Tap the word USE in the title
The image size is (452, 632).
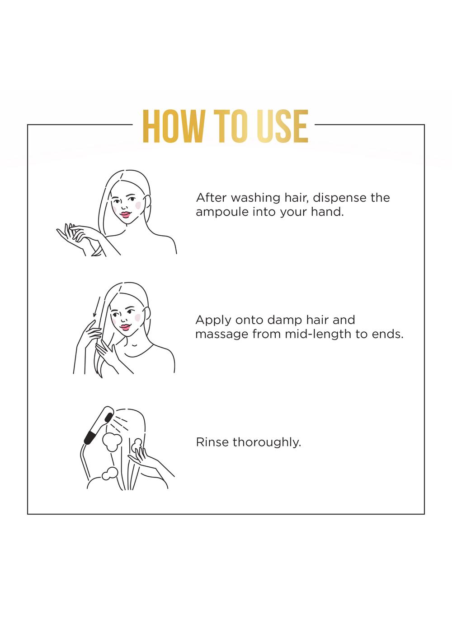point(282,127)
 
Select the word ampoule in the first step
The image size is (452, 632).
point(222,212)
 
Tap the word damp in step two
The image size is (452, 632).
point(285,320)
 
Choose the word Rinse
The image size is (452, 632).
point(212,442)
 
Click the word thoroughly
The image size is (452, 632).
point(267,442)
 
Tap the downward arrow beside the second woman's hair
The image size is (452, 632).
point(96,307)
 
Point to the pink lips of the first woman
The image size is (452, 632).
point(125,215)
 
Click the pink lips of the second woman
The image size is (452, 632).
point(125,327)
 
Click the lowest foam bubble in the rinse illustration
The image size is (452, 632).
point(110,474)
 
